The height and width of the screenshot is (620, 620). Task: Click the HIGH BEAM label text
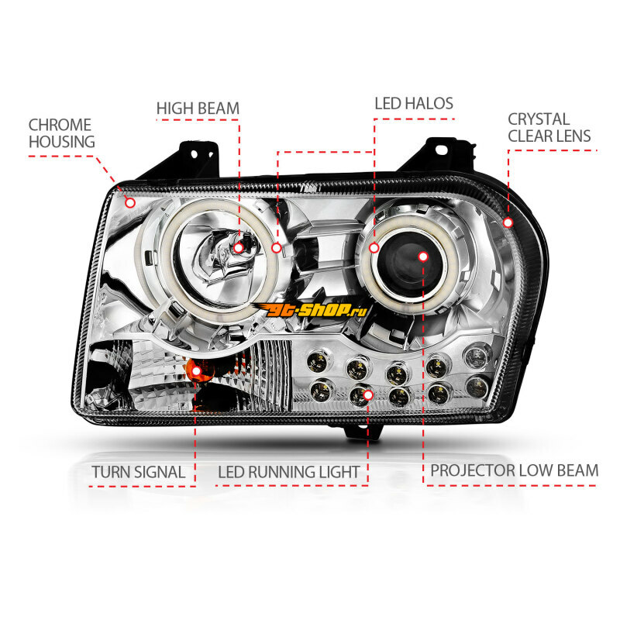point(198,108)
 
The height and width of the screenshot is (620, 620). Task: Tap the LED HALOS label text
point(414,103)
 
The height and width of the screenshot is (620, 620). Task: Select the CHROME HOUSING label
point(61,133)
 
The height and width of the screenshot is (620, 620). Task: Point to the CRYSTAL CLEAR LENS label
point(549,128)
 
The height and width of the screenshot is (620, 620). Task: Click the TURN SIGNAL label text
point(138,471)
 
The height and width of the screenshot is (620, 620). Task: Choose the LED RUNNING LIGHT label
point(288,471)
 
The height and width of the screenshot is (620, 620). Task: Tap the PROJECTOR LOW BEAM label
point(515,470)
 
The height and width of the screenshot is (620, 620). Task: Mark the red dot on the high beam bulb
point(239,247)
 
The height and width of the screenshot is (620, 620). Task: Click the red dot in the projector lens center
point(422,256)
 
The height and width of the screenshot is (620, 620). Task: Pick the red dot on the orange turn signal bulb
point(196,371)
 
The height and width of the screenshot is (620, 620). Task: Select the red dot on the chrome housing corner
point(130,203)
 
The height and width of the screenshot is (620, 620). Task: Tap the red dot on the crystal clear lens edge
point(508,222)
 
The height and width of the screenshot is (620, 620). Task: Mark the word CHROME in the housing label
point(60,125)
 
